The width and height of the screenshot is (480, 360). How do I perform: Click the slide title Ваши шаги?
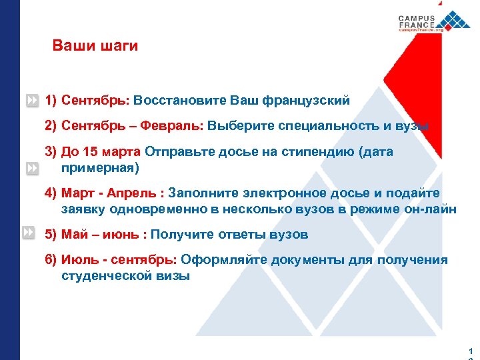point(95,46)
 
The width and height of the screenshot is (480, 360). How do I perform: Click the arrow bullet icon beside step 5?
point(28,233)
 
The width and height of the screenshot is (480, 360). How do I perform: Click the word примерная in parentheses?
point(100,167)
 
